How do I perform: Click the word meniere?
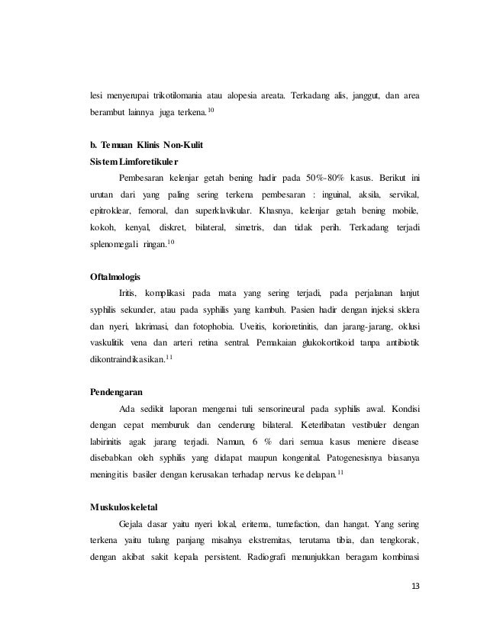(x=348, y=444)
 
